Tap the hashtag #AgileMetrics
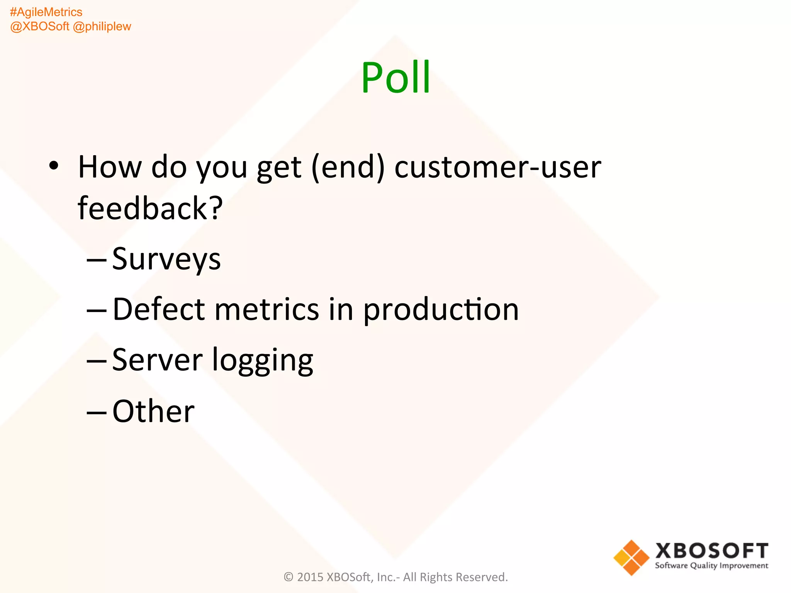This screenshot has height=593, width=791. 46,12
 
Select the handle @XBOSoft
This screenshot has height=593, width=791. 39,27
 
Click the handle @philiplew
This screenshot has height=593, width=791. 102,27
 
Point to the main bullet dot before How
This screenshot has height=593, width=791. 54,166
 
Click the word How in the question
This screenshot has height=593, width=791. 110,167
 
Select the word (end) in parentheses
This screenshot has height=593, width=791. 348,167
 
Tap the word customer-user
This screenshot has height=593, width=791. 497,167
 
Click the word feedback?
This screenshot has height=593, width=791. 150,208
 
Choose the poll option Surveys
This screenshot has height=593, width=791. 166,259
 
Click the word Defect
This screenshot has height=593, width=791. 158,309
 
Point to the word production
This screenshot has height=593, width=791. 441,310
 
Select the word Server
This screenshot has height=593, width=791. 157,360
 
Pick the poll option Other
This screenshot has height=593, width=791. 153,411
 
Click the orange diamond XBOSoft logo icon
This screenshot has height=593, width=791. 631,557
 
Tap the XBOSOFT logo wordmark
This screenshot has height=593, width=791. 711,551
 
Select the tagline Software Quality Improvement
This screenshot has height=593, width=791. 711,566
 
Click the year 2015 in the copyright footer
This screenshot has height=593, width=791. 310,577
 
